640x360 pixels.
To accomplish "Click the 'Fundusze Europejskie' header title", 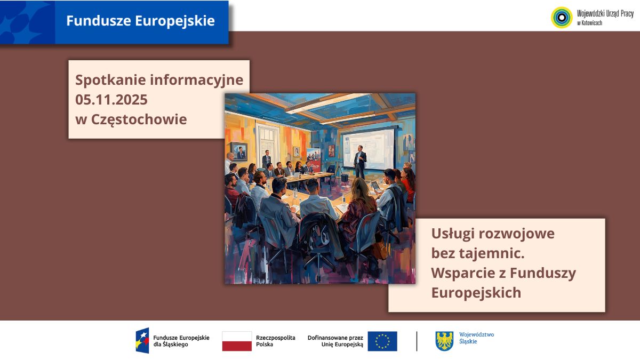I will (x=140, y=21).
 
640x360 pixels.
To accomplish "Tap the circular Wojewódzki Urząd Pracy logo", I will (x=561, y=17).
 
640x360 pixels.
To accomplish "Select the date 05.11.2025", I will (x=111, y=100).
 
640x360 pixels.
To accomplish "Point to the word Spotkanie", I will (x=110, y=80).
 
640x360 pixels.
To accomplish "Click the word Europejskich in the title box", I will (x=476, y=293).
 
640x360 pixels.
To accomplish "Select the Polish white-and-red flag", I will (x=237, y=341).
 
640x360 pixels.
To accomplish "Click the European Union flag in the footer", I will (x=382, y=341).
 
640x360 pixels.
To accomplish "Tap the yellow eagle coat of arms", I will (x=444, y=341).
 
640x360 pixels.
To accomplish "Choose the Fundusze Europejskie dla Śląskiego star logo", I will (x=142, y=341).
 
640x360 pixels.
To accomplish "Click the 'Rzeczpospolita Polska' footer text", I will (x=275, y=341).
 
